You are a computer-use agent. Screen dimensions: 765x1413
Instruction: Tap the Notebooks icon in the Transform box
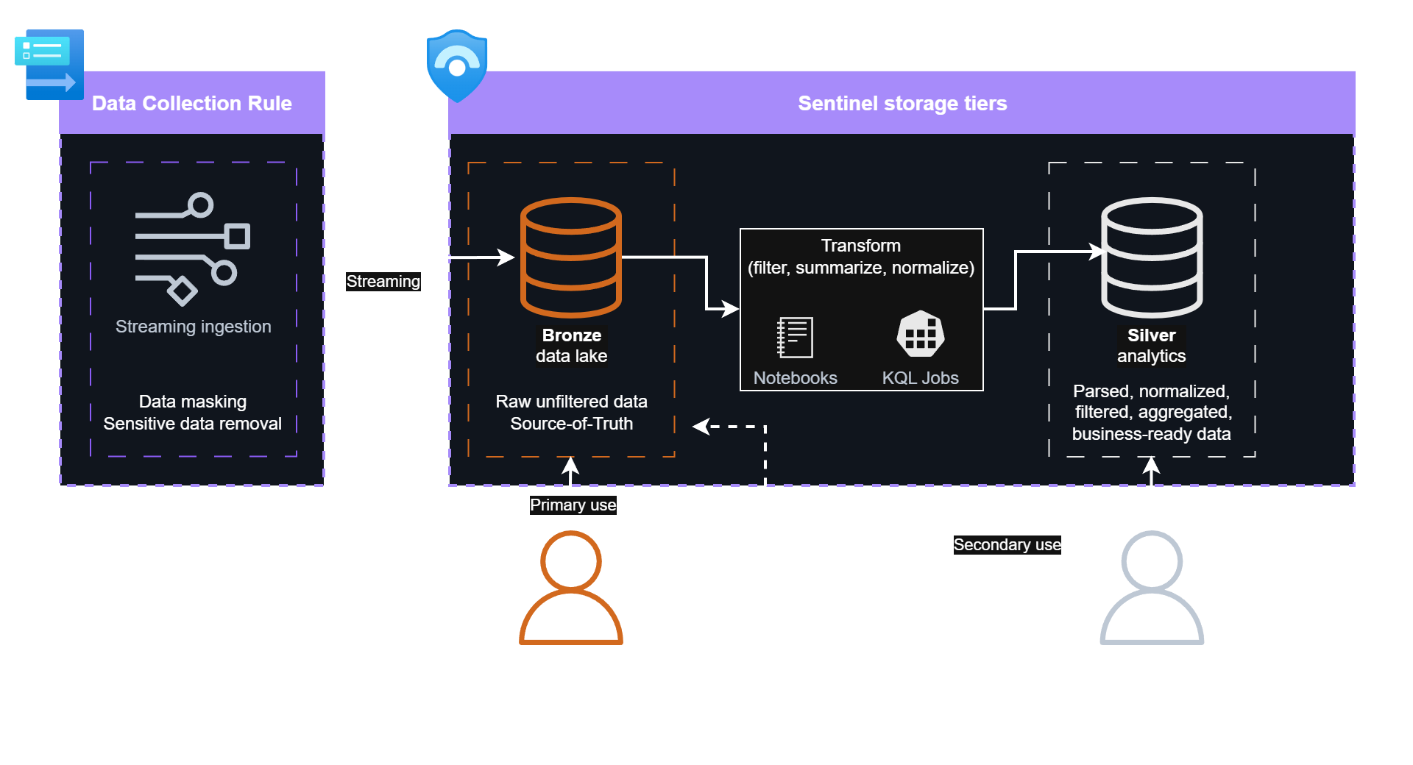(795, 337)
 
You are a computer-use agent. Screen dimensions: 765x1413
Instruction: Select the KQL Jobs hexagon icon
(920, 335)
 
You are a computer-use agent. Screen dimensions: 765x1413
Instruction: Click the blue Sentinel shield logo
(457, 65)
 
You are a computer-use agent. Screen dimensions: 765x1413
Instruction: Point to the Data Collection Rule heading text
(191, 104)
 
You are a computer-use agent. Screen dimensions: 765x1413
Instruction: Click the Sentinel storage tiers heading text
(902, 104)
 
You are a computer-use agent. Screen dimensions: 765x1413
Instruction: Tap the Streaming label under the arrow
(383, 282)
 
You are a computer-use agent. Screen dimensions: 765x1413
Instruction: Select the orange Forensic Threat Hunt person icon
(570, 588)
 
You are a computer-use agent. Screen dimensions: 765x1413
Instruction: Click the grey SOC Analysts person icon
(1151, 588)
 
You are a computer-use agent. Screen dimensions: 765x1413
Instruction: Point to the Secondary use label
(1007, 545)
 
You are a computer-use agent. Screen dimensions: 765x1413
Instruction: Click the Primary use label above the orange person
(573, 505)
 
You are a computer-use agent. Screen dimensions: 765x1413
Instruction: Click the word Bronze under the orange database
(571, 335)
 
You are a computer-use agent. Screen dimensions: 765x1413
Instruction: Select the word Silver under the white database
(1151, 335)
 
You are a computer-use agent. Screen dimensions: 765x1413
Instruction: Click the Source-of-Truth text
(571, 424)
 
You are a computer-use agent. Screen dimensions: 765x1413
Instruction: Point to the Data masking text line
(192, 402)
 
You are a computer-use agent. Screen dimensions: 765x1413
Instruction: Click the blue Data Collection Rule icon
(50, 65)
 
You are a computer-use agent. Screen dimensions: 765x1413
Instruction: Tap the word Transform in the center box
(860, 246)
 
